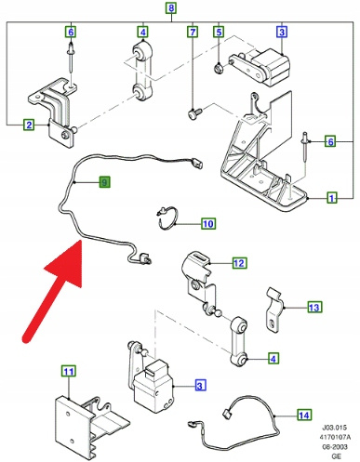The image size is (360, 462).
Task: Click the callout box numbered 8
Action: point(171,7)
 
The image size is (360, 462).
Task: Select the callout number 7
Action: point(193,32)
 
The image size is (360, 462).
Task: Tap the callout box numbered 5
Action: point(219,32)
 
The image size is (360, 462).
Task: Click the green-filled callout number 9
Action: point(104,182)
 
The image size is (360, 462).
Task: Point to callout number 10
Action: point(208,223)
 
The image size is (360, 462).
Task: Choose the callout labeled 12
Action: point(239,263)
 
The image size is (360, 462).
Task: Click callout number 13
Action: point(314,307)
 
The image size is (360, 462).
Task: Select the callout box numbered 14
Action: point(304,415)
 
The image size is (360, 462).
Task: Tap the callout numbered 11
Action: point(69,371)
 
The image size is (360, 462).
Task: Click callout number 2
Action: point(29,125)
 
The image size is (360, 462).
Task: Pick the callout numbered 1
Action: point(332,198)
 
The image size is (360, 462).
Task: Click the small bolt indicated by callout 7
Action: point(194,112)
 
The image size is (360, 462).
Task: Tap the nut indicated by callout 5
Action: point(219,67)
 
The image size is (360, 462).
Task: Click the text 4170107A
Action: point(335,437)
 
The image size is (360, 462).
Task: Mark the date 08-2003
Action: point(335,446)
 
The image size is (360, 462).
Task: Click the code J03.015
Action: point(335,428)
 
